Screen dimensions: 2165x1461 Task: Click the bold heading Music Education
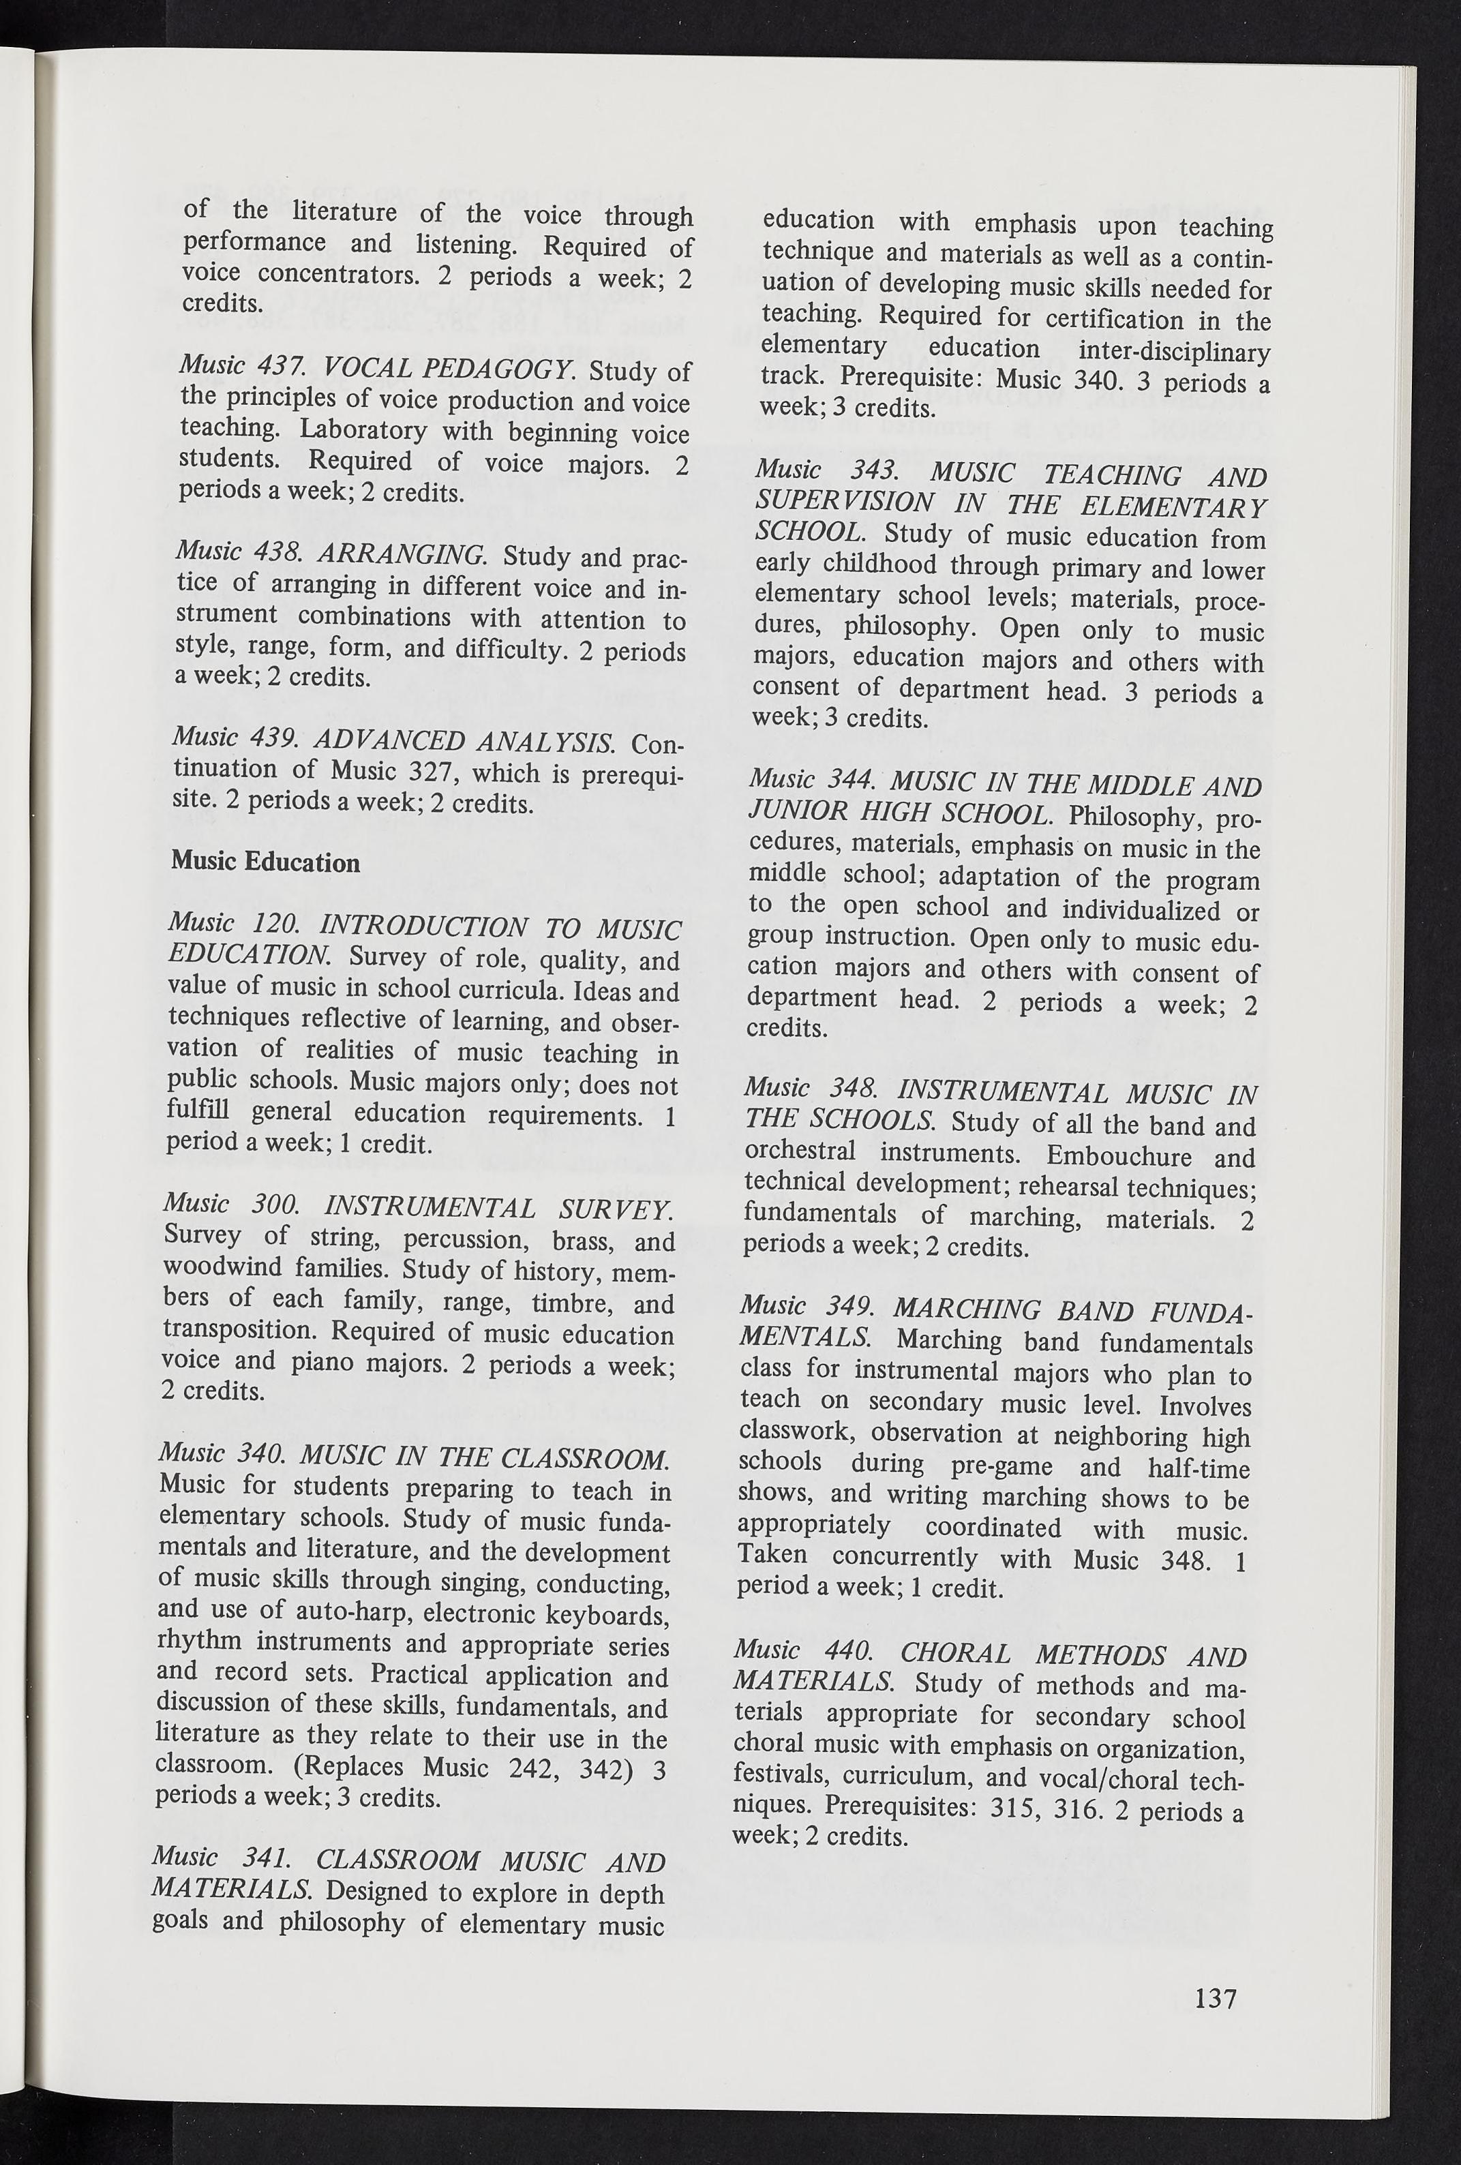click(266, 862)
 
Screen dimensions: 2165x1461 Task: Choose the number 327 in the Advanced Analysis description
click(440, 772)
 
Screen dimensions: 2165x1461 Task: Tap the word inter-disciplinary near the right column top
click(1174, 351)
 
